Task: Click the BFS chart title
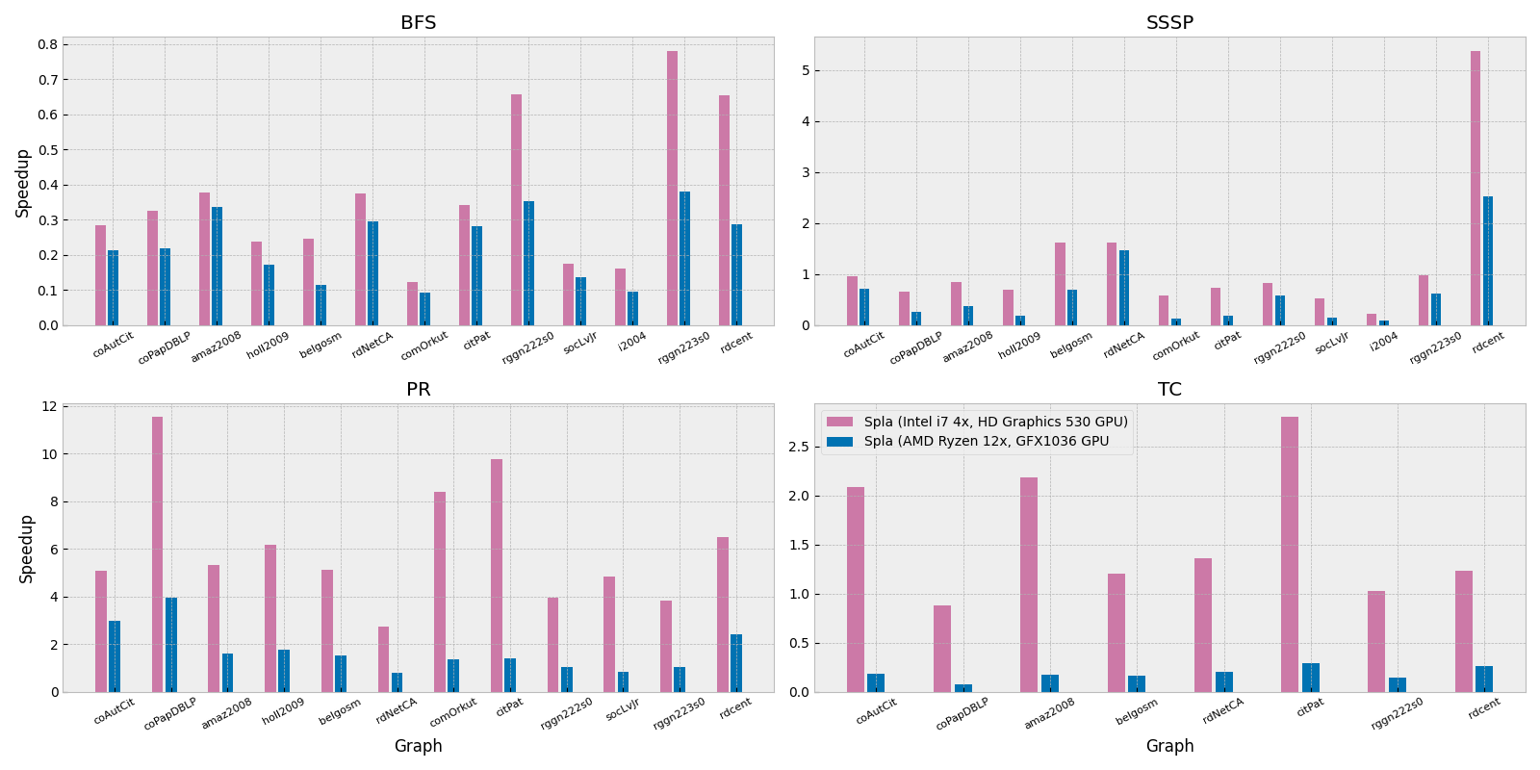click(x=418, y=23)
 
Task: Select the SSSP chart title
click(x=1169, y=23)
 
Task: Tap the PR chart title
click(x=418, y=390)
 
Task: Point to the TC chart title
click(x=1169, y=390)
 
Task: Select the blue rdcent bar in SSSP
click(x=1488, y=261)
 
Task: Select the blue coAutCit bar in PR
click(x=115, y=656)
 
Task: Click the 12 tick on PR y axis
click(x=49, y=406)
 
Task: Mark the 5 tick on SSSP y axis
click(x=801, y=70)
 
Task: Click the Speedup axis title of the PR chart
click(x=27, y=548)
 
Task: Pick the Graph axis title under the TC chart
click(x=1169, y=746)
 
